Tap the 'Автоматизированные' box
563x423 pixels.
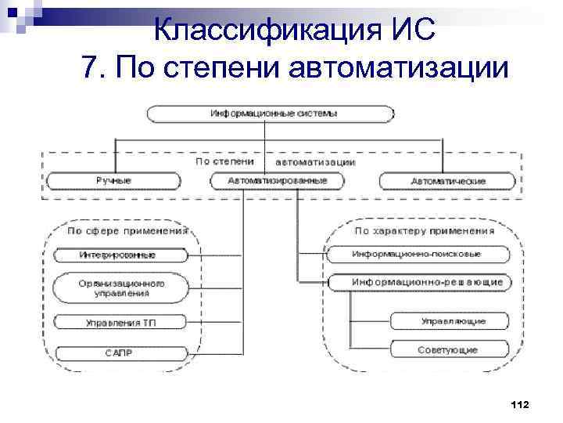click(278, 181)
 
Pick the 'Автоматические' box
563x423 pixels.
click(447, 181)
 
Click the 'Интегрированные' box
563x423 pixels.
click(120, 255)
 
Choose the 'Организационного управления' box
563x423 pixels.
click(120, 288)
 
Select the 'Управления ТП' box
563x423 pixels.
click(120, 322)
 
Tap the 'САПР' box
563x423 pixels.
click(120, 352)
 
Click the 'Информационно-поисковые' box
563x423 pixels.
click(418, 255)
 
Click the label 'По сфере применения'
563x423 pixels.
click(127, 232)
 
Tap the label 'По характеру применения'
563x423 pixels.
click(424, 232)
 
